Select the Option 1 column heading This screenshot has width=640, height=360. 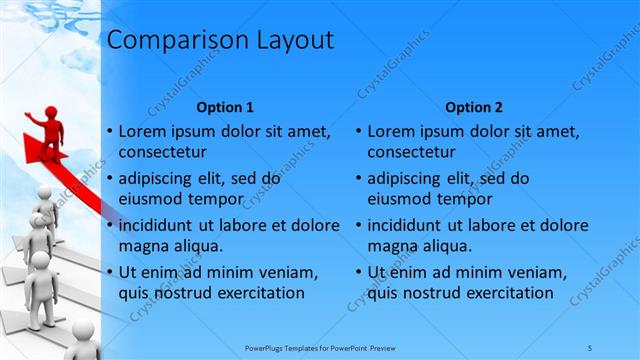point(225,107)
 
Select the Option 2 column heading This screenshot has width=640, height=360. point(474,107)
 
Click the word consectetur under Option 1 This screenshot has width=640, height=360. point(162,152)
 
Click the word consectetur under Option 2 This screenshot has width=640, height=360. point(411,152)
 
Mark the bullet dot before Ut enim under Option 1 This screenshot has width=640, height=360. point(108,272)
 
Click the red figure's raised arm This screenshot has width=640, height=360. point(34,118)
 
